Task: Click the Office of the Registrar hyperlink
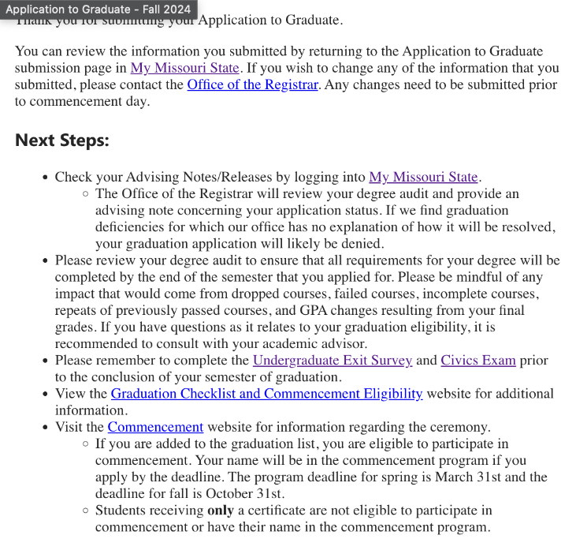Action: (x=253, y=84)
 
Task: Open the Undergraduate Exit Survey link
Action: (x=332, y=360)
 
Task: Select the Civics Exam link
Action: (x=478, y=360)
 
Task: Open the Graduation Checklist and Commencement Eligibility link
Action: (x=266, y=393)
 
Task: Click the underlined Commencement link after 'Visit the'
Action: (x=155, y=427)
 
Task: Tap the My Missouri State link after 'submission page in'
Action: (x=184, y=68)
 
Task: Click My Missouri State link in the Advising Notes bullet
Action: (x=423, y=177)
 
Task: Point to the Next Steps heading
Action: (x=62, y=140)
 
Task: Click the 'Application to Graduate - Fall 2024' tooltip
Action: (x=98, y=9)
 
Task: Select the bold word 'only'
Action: (x=220, y=511)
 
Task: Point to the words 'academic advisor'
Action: (x=319, y=343)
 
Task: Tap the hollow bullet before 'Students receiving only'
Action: (x=85, y=510)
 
